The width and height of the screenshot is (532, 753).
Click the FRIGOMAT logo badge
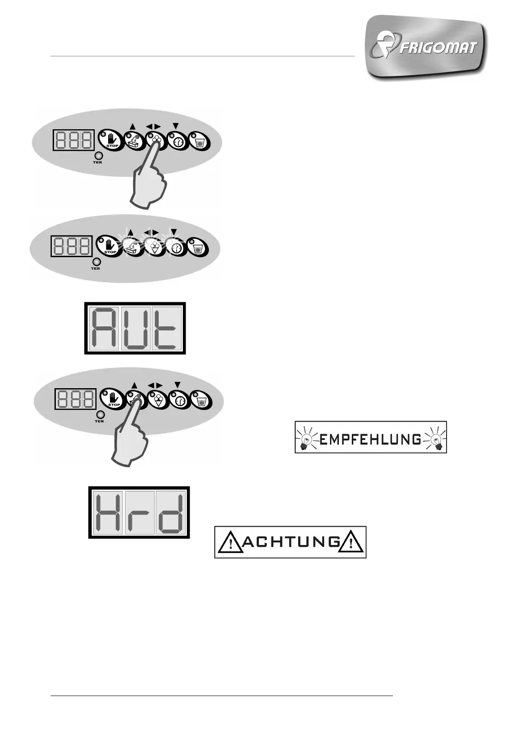click(426, 47)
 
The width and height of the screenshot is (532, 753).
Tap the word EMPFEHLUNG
click(371, 440)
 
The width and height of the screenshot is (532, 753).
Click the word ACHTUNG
click(291, 542)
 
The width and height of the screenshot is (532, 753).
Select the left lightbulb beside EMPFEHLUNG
click(306, 438)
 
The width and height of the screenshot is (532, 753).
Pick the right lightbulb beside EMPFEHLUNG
click(435, 438)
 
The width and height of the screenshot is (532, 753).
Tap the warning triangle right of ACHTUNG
click(351, 543)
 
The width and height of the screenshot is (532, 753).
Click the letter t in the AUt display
click(166, 329)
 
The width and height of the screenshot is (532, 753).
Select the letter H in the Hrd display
click(109, 513)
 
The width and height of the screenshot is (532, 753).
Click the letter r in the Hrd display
click(139, 516)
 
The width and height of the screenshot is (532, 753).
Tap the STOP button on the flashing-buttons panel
click(107, 245)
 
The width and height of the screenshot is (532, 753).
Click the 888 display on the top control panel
click(74, 140)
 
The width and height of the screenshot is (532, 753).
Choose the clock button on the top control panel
click(178, 141)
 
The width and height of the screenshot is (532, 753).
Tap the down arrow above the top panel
click(176, 126)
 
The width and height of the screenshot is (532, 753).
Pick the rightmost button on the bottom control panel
click(201, 400)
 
